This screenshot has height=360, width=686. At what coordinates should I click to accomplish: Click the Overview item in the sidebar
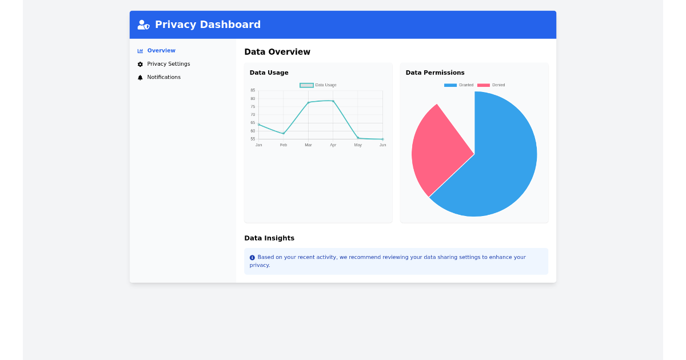point(161,51)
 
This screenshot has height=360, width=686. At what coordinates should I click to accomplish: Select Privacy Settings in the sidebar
point(168,64)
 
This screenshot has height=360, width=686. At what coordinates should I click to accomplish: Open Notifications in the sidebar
point(163,77)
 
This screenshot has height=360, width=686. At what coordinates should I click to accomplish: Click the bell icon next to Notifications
point(140,78)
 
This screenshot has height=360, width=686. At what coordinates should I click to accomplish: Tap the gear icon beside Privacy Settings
point(140,65)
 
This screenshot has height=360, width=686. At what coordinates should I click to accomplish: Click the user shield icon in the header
point(143,25)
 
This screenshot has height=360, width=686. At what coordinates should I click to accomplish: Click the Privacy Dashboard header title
point(208,25)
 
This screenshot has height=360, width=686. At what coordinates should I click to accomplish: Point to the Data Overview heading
point(277,52)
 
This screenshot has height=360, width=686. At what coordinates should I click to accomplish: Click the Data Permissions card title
point(434,73)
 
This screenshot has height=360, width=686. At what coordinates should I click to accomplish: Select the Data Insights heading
point(269,238)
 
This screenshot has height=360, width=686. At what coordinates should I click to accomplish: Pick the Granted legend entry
point(459,85)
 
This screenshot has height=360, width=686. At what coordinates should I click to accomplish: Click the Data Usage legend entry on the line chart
point(318,85)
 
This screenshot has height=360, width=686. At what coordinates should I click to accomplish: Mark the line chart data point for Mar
point(308,103)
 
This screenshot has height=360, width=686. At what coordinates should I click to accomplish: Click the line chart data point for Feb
point(284,134)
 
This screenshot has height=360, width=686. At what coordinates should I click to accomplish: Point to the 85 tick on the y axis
point(253,90)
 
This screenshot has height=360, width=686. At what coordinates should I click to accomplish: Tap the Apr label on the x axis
point(333,145)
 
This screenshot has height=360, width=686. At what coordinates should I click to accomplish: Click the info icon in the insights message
point(252,258)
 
